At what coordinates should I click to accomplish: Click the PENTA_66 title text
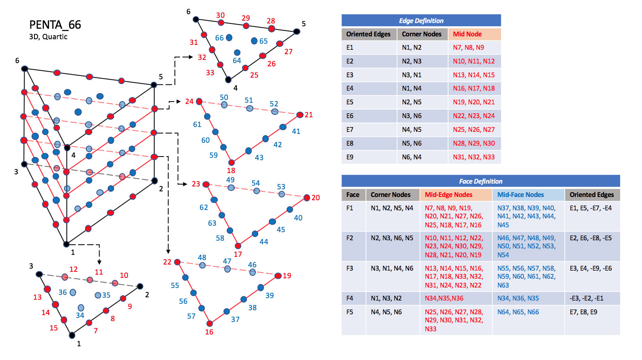click(55, 25)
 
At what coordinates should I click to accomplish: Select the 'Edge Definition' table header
click(421, 21)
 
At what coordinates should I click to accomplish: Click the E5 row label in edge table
click(350, 102)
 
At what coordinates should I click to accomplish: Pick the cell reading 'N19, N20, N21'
click(474, 102)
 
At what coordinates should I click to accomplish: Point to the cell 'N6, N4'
click(411, 157)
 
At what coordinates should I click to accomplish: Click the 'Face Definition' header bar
click(480, 181)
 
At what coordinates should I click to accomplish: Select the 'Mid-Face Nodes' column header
click(521, 195)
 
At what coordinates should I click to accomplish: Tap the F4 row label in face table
click(350, 299)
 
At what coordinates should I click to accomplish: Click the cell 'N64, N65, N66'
click(518, 312)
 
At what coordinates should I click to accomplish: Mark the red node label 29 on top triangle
click(246, 18)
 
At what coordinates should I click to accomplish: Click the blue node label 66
click(219, 38)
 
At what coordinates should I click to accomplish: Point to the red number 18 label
click(231, 171)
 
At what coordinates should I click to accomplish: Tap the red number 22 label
click(167, 262)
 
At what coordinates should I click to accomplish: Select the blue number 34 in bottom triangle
click(80, 316)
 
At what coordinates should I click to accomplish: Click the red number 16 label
click(209, 332)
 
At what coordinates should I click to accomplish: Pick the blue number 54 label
click(255, 183)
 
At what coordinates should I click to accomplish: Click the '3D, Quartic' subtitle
click(48, 37)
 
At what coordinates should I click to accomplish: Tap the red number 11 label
click(99, 272)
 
